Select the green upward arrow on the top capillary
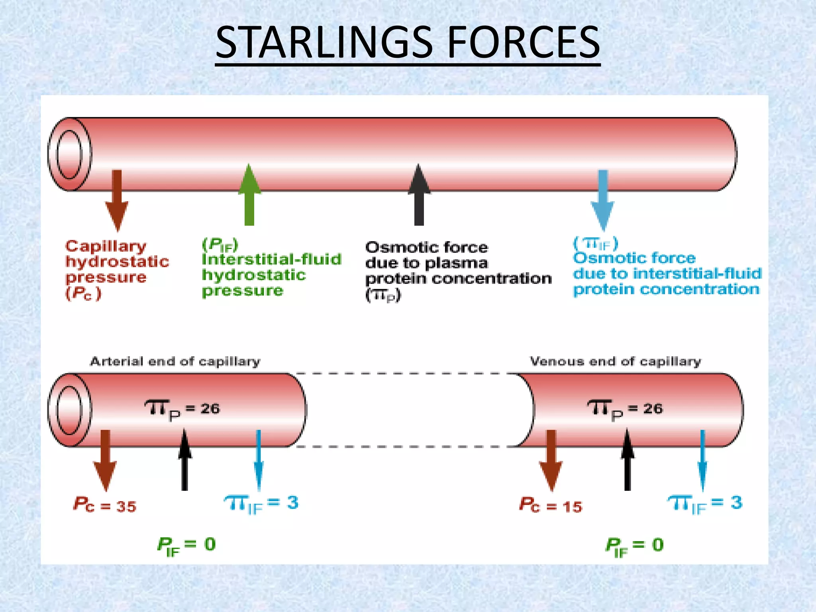[249, 195]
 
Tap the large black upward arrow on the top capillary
[419, 195]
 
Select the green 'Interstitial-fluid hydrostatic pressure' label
[271, 267]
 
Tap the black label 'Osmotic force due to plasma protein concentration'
[458, 271]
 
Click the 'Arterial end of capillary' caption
[175, 361]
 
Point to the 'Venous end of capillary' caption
[615, 361]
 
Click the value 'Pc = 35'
[105, 505]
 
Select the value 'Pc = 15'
[551, 505]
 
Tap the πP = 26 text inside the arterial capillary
[182, 410]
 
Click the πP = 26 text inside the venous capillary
[625, 410]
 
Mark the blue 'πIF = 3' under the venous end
[705, 504]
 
